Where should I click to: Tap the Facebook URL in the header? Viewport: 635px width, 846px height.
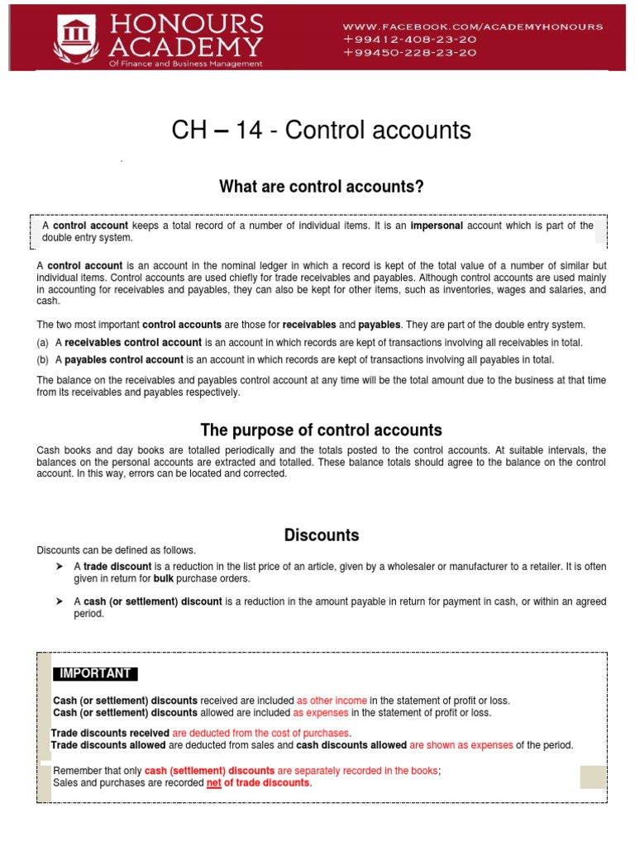[x=473, y=26]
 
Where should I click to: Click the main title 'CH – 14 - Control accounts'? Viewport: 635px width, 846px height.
[x=321, y=130]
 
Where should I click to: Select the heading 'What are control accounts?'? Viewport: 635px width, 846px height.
[x=321, y=187]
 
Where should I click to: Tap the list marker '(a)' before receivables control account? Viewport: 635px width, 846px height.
[x=43, y=343]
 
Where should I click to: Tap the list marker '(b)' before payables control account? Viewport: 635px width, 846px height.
[x=43, y=359]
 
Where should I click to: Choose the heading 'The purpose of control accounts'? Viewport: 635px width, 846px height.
[x=321, y=430]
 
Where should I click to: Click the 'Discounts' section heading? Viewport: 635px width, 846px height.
[x=321, y=535]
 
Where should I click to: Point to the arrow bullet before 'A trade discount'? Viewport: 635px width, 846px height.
[x=60, y=567]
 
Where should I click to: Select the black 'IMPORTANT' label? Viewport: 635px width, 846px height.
[x=95, y=673]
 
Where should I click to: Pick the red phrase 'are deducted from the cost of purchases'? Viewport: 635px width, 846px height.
[x=261, y=733]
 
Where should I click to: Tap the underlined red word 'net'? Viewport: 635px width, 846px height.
[x=214, y=782]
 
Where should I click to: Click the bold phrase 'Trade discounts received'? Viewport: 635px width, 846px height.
[x=110, y=733]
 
